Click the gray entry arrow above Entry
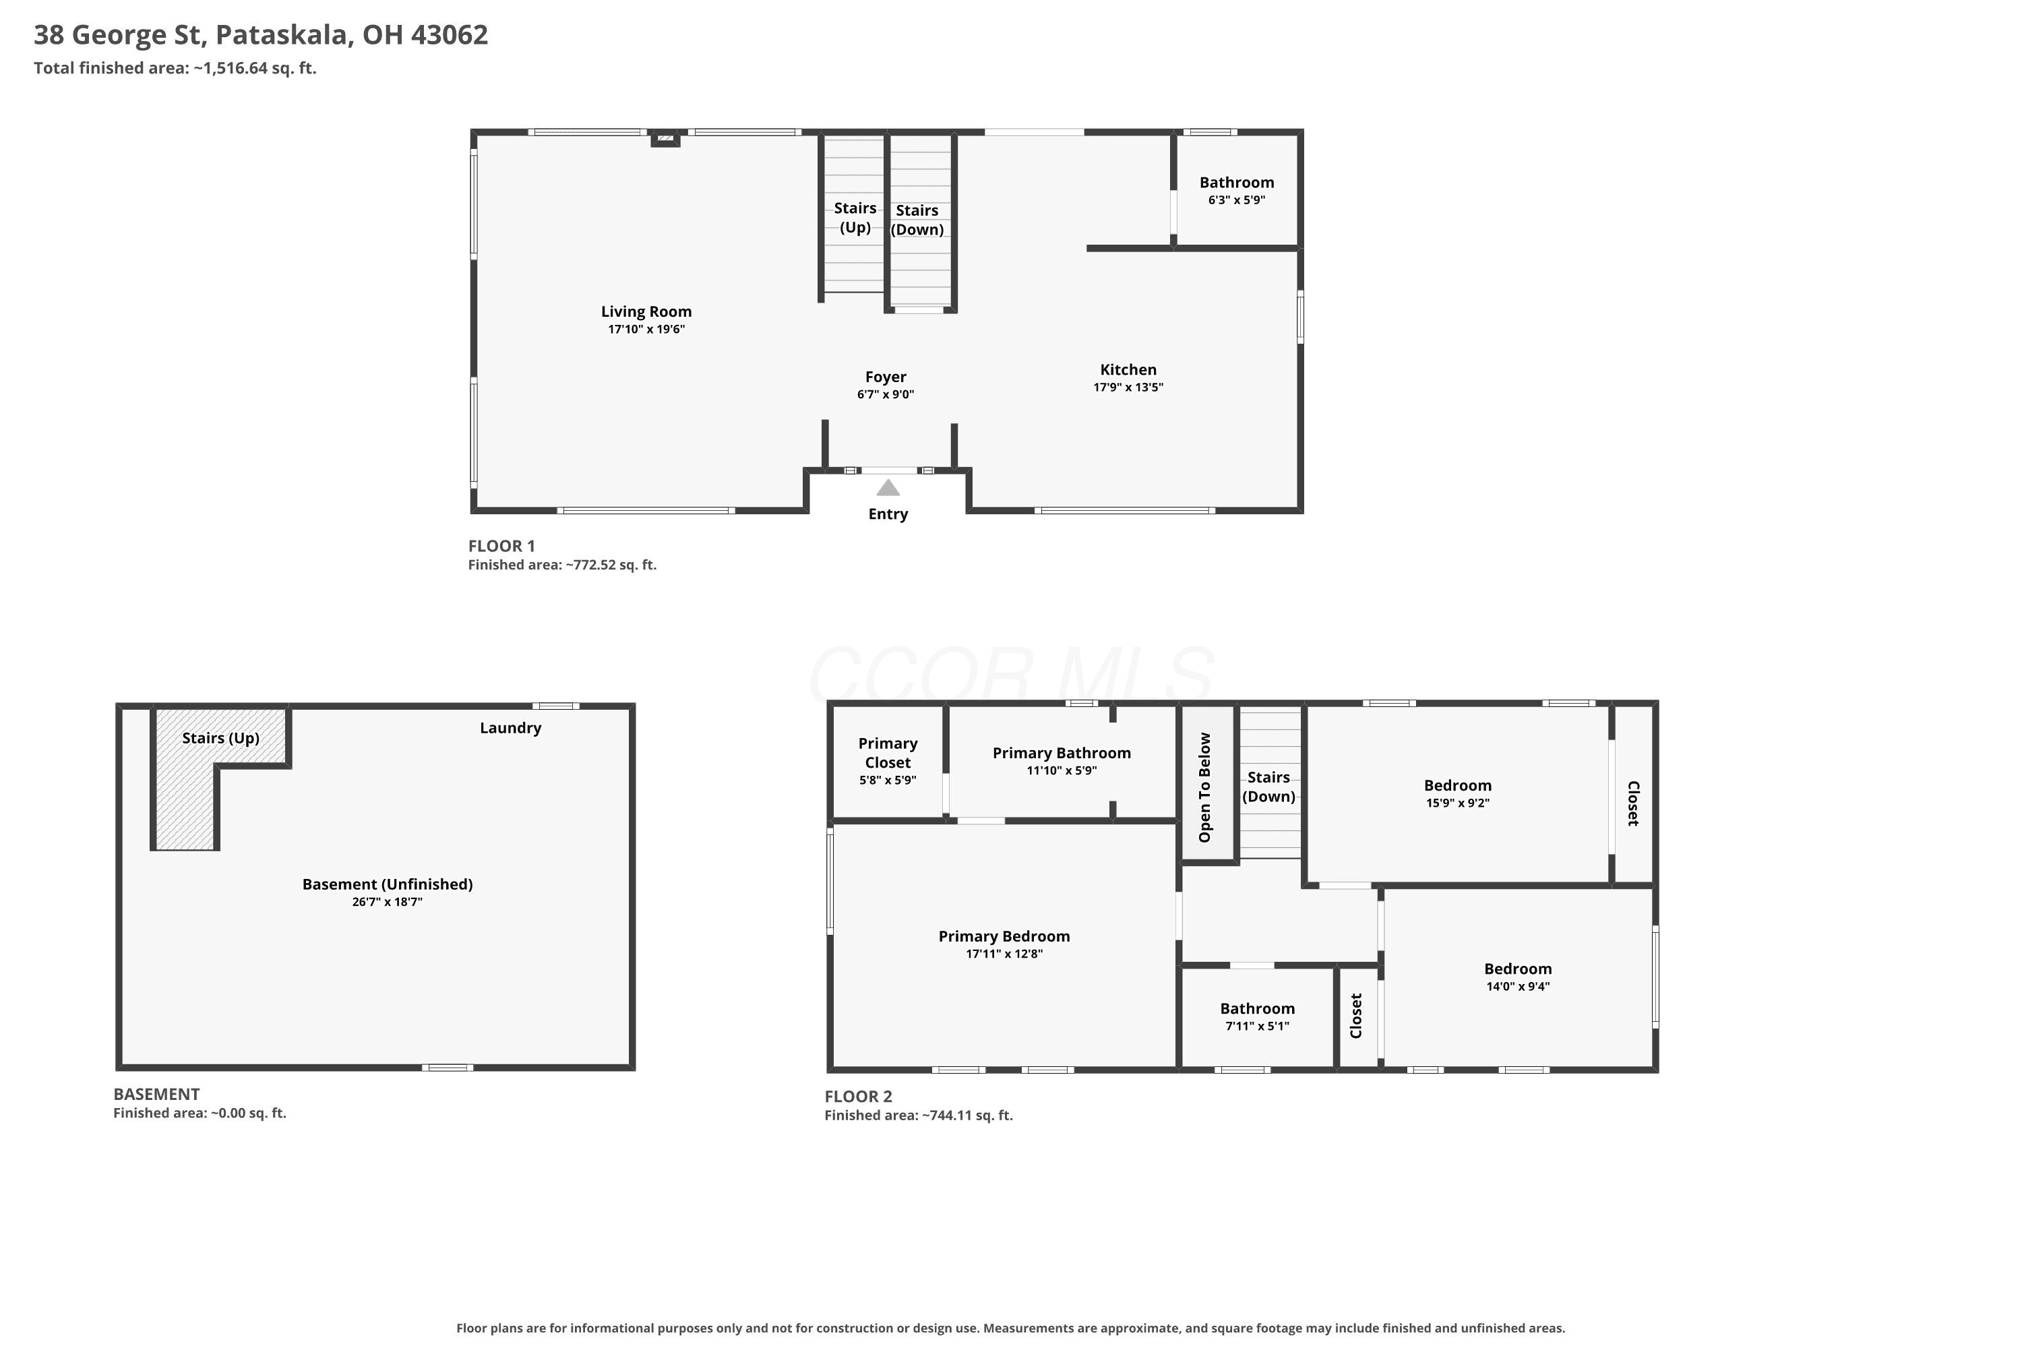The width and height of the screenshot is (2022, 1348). pyautogui.click(x=888, y=488)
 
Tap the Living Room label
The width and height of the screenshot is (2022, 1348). pyautogui.click(x=646, y=311)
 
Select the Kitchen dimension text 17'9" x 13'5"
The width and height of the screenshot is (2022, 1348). pyautogui.click(x=1128, y=387)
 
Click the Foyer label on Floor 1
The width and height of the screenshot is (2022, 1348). pyautogui.click(x=886, y=377)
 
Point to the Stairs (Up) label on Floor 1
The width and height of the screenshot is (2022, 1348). pyautogui.click(x=855, y=218)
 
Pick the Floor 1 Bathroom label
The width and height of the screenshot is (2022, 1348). pyautogui.click(x=1237, y=182)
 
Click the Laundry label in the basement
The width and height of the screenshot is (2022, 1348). pyautogui.click(x=511, y=728)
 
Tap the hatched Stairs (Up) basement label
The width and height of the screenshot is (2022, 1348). pyautogui.click(x=221, y=737)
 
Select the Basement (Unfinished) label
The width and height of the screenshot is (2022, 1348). pyautogui.click(x=388, y=884)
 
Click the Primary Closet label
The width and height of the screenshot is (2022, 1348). pyautogui.click(x=888, y=753)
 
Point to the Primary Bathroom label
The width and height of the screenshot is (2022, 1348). pyautogui.click(x=1062, y=753)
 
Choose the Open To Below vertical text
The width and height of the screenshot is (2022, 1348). pyautogui.click(x=1204, y=787)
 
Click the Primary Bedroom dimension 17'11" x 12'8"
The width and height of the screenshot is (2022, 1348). pyautogui.click(x=1004, y=954)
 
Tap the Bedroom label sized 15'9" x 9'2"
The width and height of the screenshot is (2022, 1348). pyautogui.click(x=1458, y=785)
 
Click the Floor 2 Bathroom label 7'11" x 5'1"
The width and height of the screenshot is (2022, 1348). pyautogui.click(x=1258, y=1008)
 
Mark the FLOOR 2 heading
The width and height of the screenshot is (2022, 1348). pyautogui.click(x=858, y=1096)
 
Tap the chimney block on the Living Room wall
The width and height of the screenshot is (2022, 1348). pyautogui.click(x=665, y=138)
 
